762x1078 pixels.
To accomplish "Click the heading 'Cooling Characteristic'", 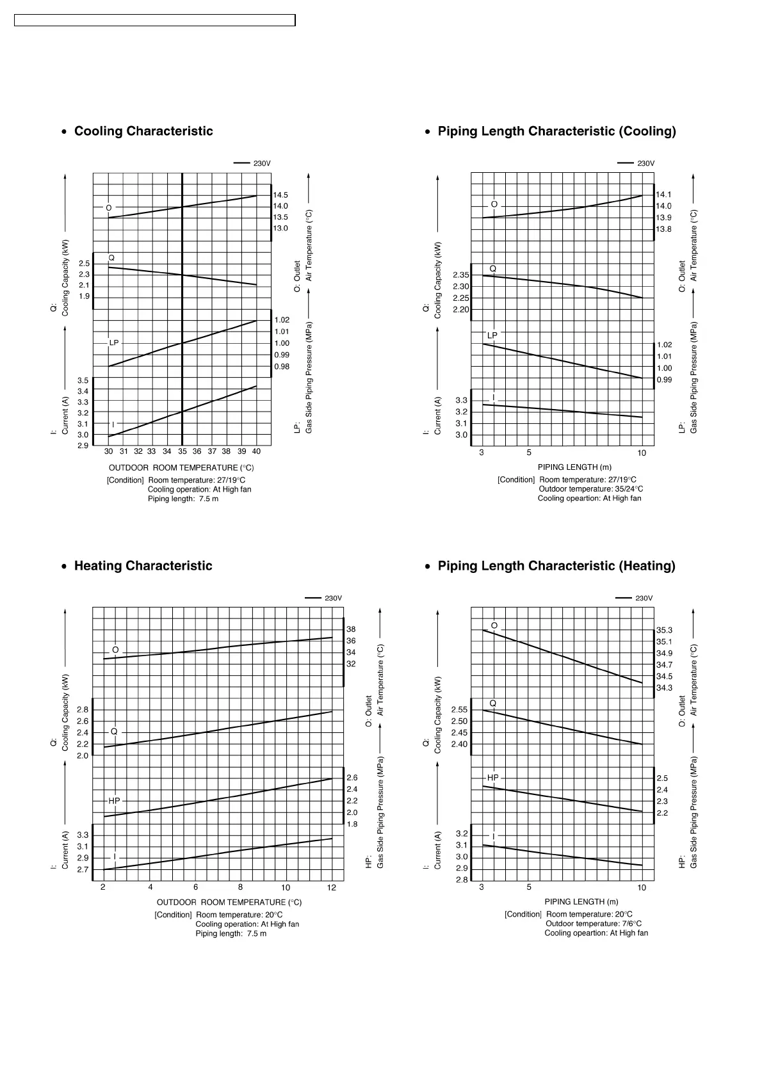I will tap(143, 131).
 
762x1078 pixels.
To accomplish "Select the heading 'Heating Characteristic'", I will tap(143, 566).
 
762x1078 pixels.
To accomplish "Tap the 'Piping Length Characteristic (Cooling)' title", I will tap(556, 131).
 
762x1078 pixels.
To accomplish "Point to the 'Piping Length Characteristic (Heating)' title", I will tap(556, 566).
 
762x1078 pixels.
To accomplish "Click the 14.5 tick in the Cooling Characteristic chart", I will tap(280, 195).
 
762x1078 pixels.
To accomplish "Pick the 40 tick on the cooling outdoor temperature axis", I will tap(256, 451).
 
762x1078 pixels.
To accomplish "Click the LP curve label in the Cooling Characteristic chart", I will tap(114, 343).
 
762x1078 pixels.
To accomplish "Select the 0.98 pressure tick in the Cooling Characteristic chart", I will tap(282, 367).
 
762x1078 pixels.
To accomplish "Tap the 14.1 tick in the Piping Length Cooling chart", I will tap(663, 195).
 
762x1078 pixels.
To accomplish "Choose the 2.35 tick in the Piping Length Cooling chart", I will tap(461, 275).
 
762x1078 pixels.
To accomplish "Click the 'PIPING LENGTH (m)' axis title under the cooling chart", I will tap(574, 467).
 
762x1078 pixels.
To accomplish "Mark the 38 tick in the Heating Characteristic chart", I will tap(351, 630).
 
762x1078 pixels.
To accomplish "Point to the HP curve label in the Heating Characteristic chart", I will tap(114, 801).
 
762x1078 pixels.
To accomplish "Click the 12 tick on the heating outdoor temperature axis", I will tap(332, 888).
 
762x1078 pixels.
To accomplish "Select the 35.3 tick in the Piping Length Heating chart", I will tap(665, 631).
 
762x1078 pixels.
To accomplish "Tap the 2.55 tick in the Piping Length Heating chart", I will tap(459, 710).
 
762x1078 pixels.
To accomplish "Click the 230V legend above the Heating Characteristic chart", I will tap(333, 599).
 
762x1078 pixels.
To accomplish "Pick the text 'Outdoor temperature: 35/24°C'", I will tap(590, 489).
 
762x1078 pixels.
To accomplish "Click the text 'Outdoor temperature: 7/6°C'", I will tap(593, 924).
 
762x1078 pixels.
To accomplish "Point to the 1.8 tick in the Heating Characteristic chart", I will tap(352, 825).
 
